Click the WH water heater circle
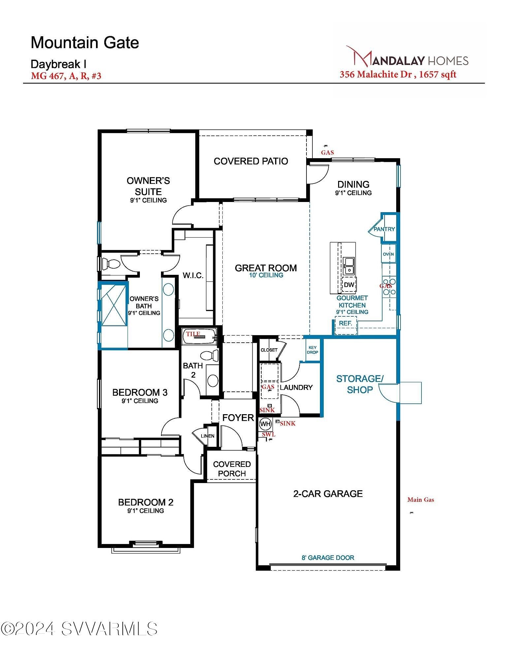coord(265,424)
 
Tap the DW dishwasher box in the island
coord(349,285)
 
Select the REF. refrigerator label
coord(345,323)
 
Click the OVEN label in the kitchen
coord(388,254)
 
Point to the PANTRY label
coord(384,229)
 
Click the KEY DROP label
coord(312,350)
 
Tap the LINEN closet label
coord(207,436)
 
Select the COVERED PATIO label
coord(251,161)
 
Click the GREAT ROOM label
coord(266,268)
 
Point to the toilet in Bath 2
coord(210,356)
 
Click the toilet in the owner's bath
coord(111,264)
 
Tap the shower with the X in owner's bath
coord(113,305)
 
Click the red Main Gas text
coord(421,500)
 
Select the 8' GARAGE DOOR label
coord(328,558)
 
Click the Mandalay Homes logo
coord(407,57)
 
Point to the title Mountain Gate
coord(85,43)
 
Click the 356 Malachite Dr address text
coord(376,74)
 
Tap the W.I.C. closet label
coord(193,275)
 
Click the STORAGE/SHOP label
coord(360,384)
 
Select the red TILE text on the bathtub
coord(193,334)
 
